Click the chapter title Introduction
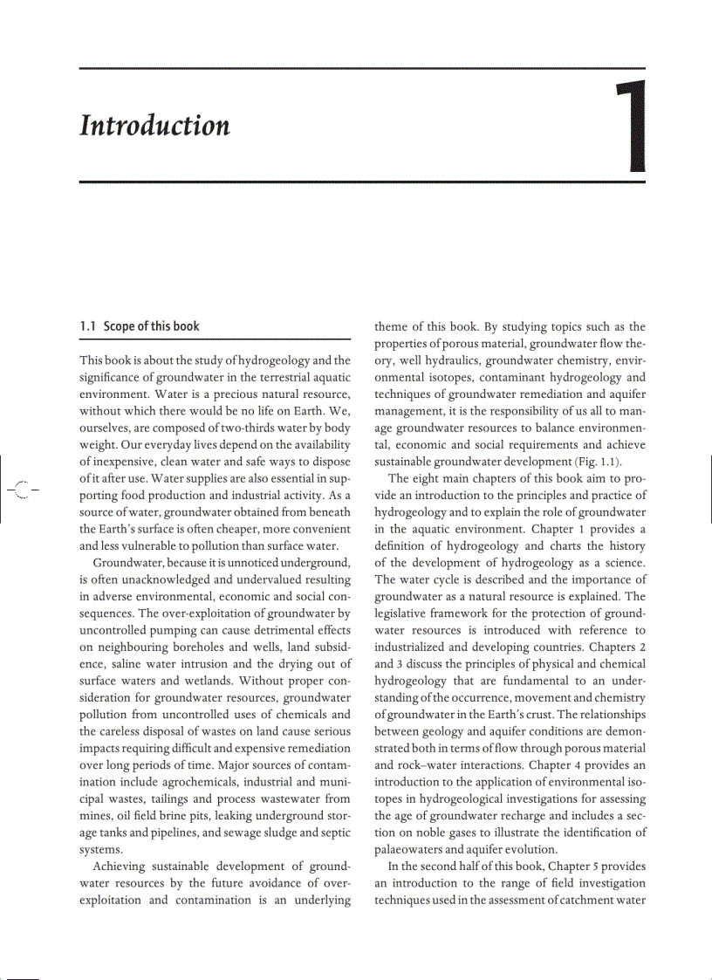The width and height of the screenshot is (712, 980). coord(154,127)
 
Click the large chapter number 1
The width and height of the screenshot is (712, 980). coord(631,127)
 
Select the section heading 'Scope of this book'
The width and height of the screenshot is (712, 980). coord(151,326)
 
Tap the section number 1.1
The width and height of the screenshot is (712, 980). coord(87,326)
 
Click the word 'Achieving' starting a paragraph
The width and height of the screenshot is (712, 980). coord(120,866)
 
